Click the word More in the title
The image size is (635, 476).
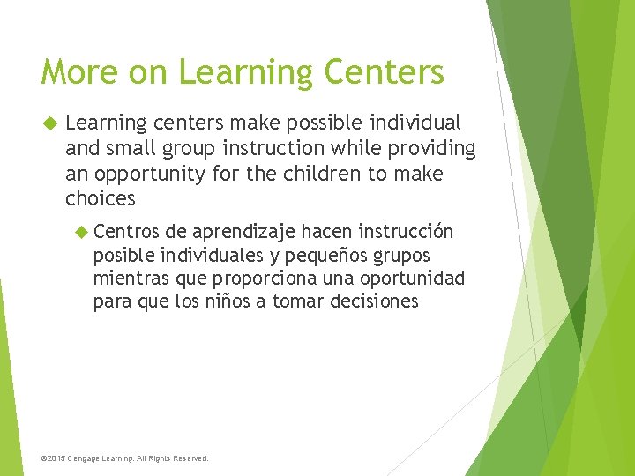coord(72,72)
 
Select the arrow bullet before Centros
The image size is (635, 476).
coord(82,232)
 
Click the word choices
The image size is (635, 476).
coord(100,197)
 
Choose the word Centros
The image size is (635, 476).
coord(125,232)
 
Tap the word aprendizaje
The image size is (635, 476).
coord(243,232)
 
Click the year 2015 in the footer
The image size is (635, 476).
coord(56,458)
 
